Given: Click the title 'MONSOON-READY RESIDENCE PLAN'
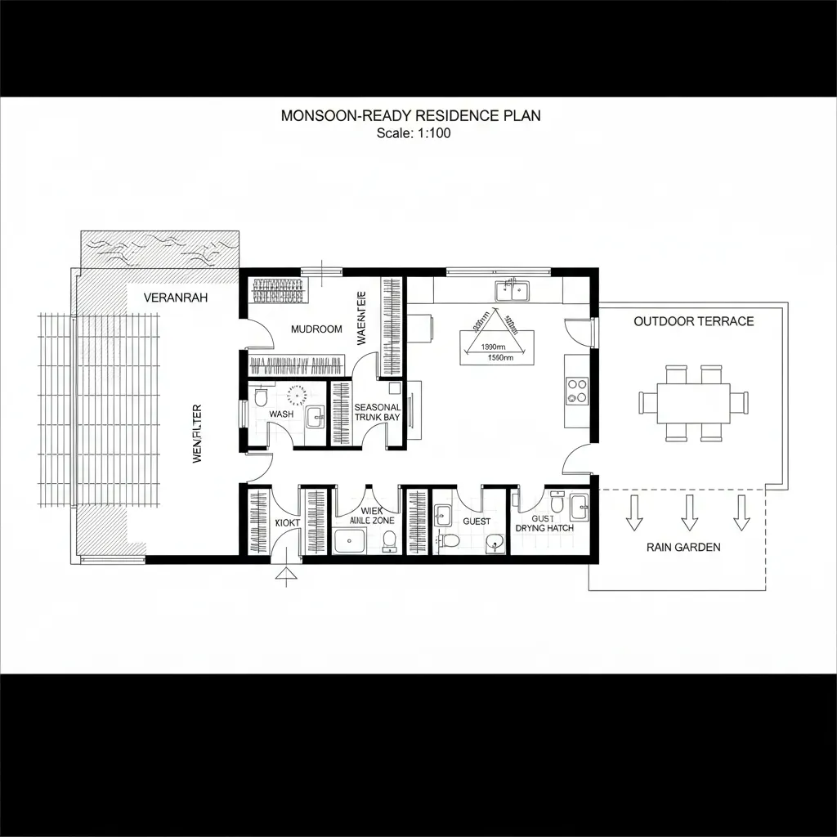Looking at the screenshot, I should point(410,116).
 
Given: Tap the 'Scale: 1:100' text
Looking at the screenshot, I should point(414,133).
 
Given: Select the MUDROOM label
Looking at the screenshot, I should point(316,329).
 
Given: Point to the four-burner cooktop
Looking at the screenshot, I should point(577,390).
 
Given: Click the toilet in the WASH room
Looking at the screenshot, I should point(261,397).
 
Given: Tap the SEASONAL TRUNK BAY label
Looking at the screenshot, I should point(378,412).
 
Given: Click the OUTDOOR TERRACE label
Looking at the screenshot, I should point(693,321).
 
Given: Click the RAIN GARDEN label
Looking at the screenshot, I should point(683,547).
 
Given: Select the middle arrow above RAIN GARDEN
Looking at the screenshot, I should point(689,512).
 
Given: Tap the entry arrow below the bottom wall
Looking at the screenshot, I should point(285,576).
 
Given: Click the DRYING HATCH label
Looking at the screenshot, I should point(544,528).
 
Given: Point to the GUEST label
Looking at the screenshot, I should point(477,521).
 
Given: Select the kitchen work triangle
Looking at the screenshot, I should point(494,335).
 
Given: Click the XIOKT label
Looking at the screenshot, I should point(289,521).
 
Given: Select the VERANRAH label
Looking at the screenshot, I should point(175,298).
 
